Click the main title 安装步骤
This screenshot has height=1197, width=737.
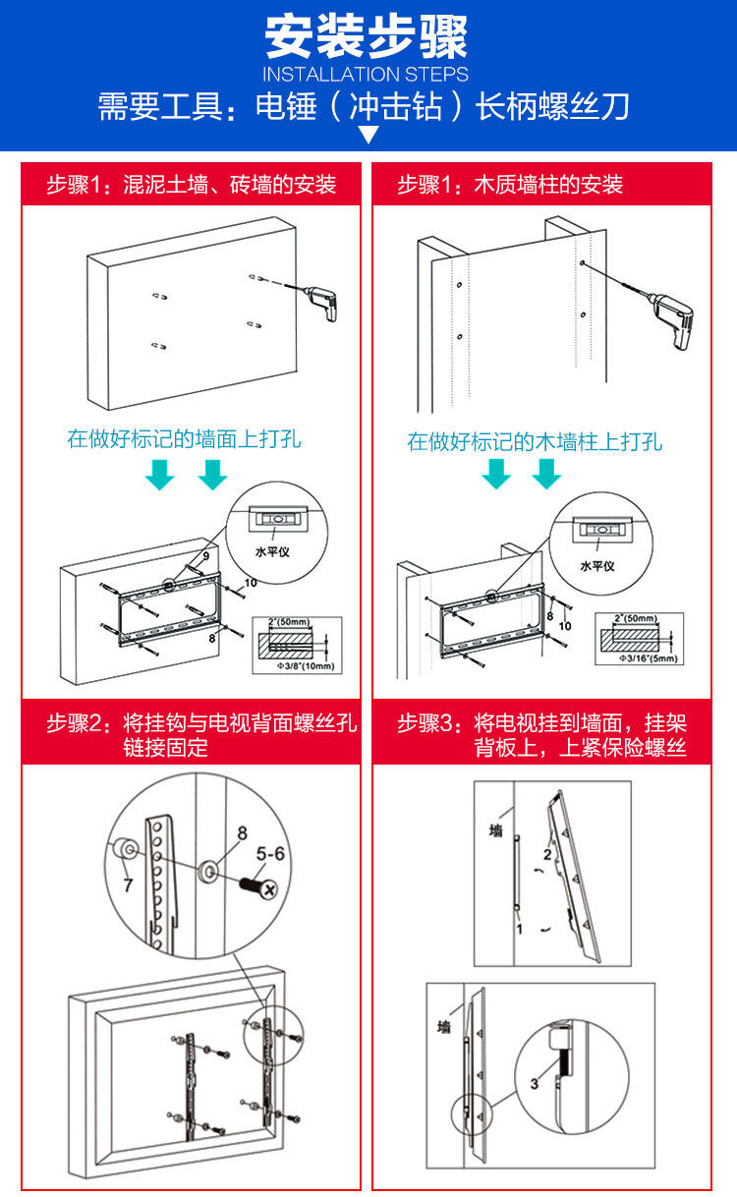point(367,36)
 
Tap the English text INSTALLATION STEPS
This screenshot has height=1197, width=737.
point(367,75)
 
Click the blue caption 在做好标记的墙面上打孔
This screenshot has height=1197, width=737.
point(184,438)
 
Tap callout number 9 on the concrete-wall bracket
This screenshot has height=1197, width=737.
point(205,557)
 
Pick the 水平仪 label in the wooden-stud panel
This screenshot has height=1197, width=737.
point(596,566)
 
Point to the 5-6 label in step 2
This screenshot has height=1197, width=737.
point(271,855)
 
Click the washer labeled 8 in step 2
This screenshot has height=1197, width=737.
point(209,870)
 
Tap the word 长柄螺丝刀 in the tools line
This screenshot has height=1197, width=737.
point(552,106)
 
